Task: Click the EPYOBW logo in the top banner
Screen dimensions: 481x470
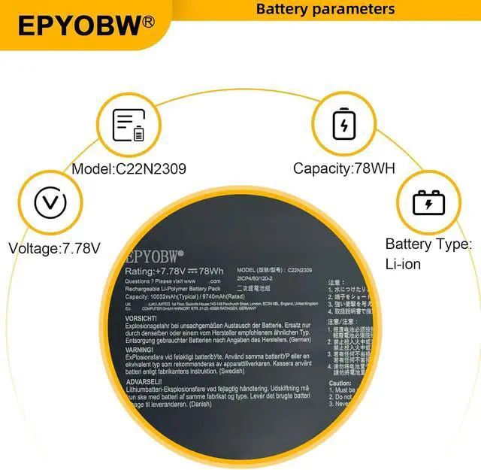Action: (x=79, y=26)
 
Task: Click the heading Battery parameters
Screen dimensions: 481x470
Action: (x=325, y=9)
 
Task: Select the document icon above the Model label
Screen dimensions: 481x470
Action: (x=128, y=125)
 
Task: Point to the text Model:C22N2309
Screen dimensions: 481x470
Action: (x=129, y=168)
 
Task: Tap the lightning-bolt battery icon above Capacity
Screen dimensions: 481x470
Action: (x=344, y=125)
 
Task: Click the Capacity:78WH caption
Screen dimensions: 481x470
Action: (x=344, y=168)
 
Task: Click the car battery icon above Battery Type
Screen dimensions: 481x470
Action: (x=428, y=202)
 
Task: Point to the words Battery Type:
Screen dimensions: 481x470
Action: (x=428, y=244)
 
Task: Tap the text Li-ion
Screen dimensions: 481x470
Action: (x=403, y=264)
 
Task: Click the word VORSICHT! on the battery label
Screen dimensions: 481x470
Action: (x=141, y=317)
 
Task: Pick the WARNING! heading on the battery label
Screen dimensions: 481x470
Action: (x=140, y=349)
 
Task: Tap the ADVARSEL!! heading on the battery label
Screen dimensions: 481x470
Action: (x=144, y=381)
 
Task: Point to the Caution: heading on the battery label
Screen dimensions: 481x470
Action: (x=340, y=383)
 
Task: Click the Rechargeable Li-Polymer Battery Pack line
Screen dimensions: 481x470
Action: (x=174, y=288)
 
